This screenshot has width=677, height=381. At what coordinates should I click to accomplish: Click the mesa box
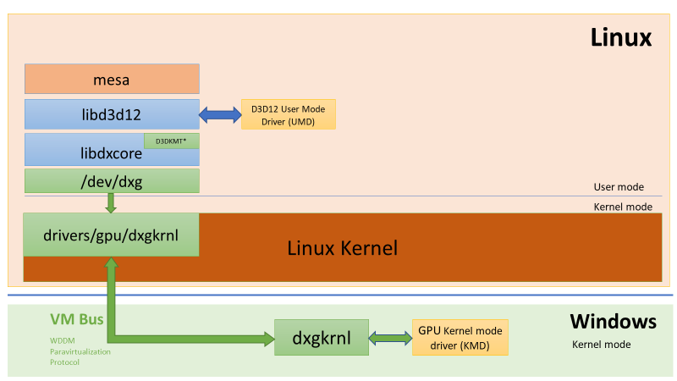[x=111, y=80]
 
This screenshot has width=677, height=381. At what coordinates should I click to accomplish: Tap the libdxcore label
[x=111, y=155]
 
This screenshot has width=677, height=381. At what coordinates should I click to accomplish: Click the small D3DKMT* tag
[x=171, y=141]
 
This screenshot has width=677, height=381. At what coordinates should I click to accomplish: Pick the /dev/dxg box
[x=111, y=180]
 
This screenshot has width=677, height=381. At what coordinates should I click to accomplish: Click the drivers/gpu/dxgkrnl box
[x=111, y=235]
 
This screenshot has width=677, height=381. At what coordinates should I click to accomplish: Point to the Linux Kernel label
[x=342, y=248]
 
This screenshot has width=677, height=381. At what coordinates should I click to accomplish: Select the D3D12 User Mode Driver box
[x=288, y=114]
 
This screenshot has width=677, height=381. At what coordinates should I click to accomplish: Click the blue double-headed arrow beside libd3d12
[x=220, y=114]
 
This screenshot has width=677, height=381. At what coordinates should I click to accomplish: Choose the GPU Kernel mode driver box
[x=460, y=337]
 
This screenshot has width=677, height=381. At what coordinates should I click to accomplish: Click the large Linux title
[x=620, y=38]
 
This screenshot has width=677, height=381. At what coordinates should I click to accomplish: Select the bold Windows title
[x=613, y=322]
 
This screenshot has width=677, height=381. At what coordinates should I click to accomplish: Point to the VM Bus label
[x=76, y=320]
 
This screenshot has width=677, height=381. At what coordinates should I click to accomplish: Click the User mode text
[x=619, y=187]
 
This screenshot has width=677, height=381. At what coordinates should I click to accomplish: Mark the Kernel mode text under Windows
[x=602, y=345]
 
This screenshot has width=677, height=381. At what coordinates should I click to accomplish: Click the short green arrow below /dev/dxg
[x=111, y=203]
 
